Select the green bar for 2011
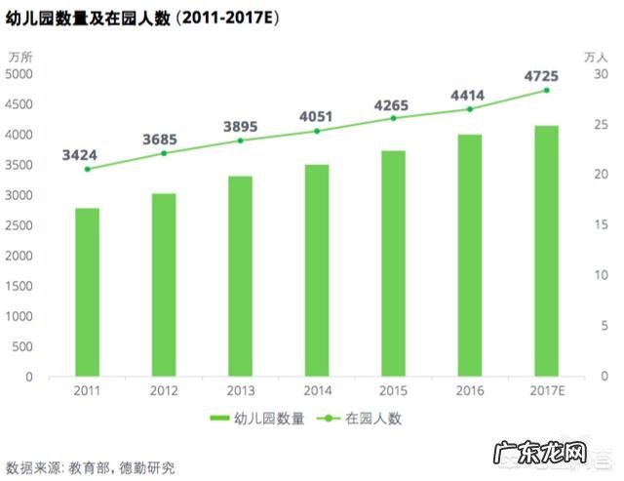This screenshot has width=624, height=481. click(87, 292)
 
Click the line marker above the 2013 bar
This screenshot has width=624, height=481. click(240, 140)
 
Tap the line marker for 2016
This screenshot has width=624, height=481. click(470, 109)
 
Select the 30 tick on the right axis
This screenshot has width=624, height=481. click(602, 74)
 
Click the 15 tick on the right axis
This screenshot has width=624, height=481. click(602, 225)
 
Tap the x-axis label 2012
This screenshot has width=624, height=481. click(163, 391)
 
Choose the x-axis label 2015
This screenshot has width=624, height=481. click(393, 391)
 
